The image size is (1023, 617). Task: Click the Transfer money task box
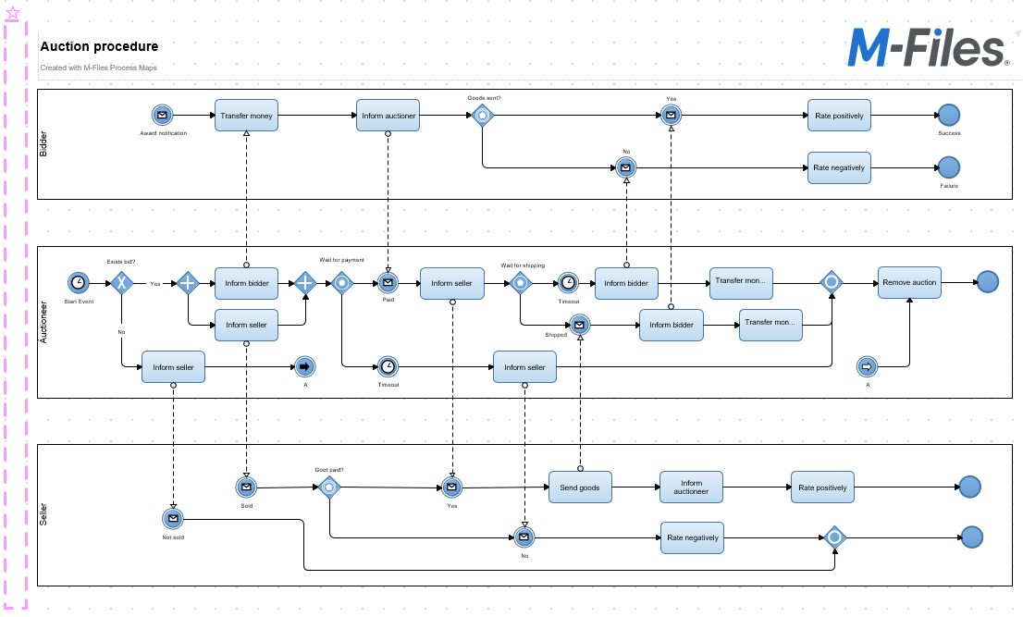[247, 116]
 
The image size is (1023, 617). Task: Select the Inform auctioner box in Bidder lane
[388, 116]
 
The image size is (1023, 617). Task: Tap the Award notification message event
[163, 116]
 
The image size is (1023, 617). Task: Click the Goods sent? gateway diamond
[483, 116]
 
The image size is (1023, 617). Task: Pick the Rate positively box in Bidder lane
[839, 116]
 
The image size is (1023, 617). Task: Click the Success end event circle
[949, 116]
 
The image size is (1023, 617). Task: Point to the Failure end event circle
[949, 167]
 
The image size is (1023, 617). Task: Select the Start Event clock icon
[80, 282]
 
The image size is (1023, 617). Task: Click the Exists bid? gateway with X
[122, 282]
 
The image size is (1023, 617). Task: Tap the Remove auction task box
[909, 282]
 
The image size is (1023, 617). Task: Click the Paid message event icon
[388, 282]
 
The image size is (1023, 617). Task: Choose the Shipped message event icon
[580, 325]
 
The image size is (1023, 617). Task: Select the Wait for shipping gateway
[521, 282]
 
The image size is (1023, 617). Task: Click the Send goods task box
[580, 487]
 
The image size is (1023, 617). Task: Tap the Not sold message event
[173, 518]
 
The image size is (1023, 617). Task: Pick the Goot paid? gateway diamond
[329, 487]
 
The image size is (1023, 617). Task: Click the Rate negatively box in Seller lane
[692, 537]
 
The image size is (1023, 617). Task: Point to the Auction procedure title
[99, 46]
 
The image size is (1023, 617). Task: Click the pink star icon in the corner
[13, 13]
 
